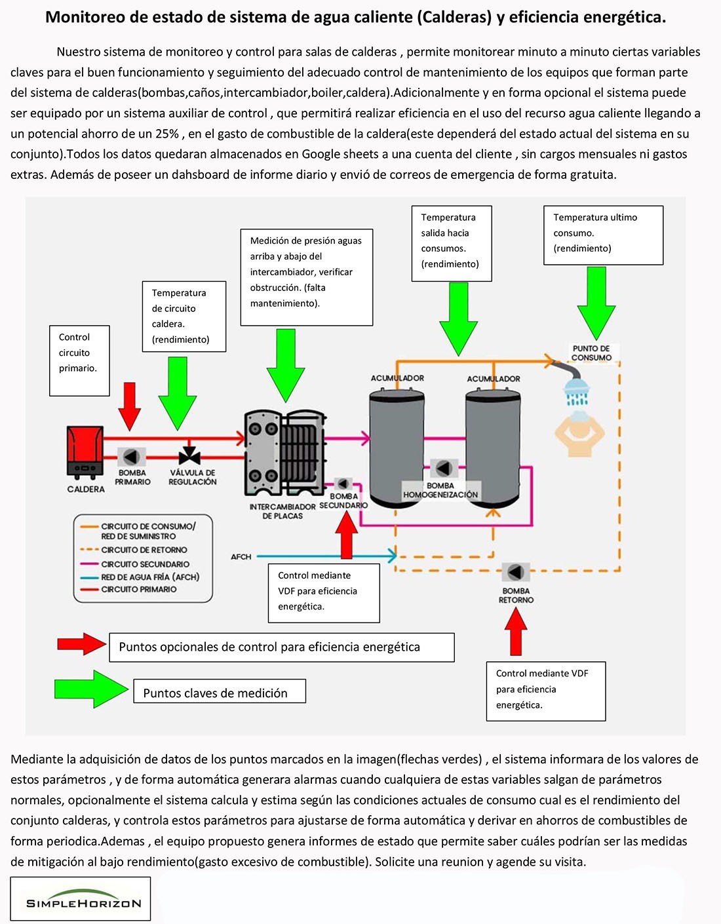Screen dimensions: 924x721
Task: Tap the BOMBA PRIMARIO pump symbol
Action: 132,456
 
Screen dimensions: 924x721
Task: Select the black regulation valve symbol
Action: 190,455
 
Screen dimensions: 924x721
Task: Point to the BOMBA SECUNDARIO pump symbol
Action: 343,484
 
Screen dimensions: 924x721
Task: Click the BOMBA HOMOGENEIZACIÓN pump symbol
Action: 443,469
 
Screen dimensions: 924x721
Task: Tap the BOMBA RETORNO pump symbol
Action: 516,572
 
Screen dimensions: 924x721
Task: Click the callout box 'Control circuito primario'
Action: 79,360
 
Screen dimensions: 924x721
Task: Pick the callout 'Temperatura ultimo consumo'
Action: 603,235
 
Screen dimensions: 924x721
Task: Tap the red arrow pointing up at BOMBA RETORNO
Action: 516,631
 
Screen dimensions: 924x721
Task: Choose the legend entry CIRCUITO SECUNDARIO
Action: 145,564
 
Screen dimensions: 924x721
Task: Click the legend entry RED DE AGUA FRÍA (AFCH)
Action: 150,577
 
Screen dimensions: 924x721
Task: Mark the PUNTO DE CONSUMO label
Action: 591,353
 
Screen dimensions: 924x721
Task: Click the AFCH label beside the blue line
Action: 241,557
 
